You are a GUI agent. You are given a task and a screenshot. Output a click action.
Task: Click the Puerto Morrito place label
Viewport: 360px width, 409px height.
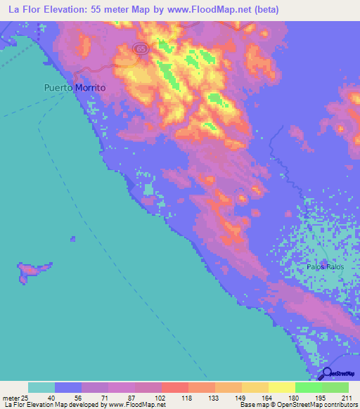[x=74, y=89]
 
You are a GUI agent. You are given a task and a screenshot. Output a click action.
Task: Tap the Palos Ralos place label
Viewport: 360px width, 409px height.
[x=324, y=267]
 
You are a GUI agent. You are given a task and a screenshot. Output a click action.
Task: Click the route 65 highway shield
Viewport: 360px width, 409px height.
[x=141, y=48]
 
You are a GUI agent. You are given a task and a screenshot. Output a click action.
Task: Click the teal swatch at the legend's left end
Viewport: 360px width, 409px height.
[x=41, y=387]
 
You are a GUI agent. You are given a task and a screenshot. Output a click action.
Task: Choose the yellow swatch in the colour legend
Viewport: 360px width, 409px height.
[x=281, y=387]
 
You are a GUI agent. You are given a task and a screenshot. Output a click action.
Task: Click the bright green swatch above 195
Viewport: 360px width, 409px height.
[x=308, y=387]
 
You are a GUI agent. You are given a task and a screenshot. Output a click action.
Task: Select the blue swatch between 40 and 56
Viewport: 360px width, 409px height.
[x=67, y=387]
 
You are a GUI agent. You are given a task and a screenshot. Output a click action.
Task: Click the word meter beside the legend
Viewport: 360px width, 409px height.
[x=11, y=397]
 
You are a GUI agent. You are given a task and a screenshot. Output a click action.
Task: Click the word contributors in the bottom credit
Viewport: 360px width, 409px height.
[x=342, y=405]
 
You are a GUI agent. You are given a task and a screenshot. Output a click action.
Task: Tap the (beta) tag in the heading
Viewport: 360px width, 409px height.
[x=264, y=10]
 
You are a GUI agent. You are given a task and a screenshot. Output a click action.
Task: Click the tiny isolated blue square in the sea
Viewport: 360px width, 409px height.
[x=72, y=239]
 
